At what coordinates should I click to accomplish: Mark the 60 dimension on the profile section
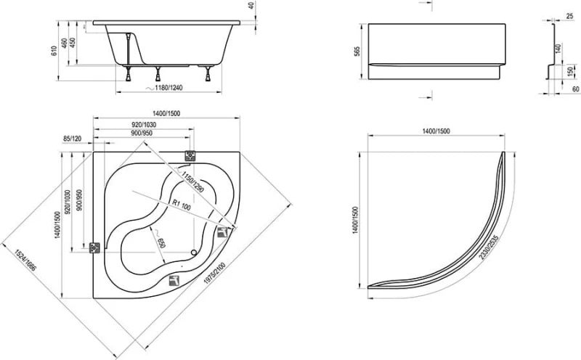click(x=574, y=88)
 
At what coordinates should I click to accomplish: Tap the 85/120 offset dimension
click(x=73, y=139)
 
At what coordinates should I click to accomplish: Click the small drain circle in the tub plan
click(x=193, y=253)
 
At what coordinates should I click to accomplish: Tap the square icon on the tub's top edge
click(x=191, y=155)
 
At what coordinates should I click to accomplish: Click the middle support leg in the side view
click(x=158, y=73)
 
